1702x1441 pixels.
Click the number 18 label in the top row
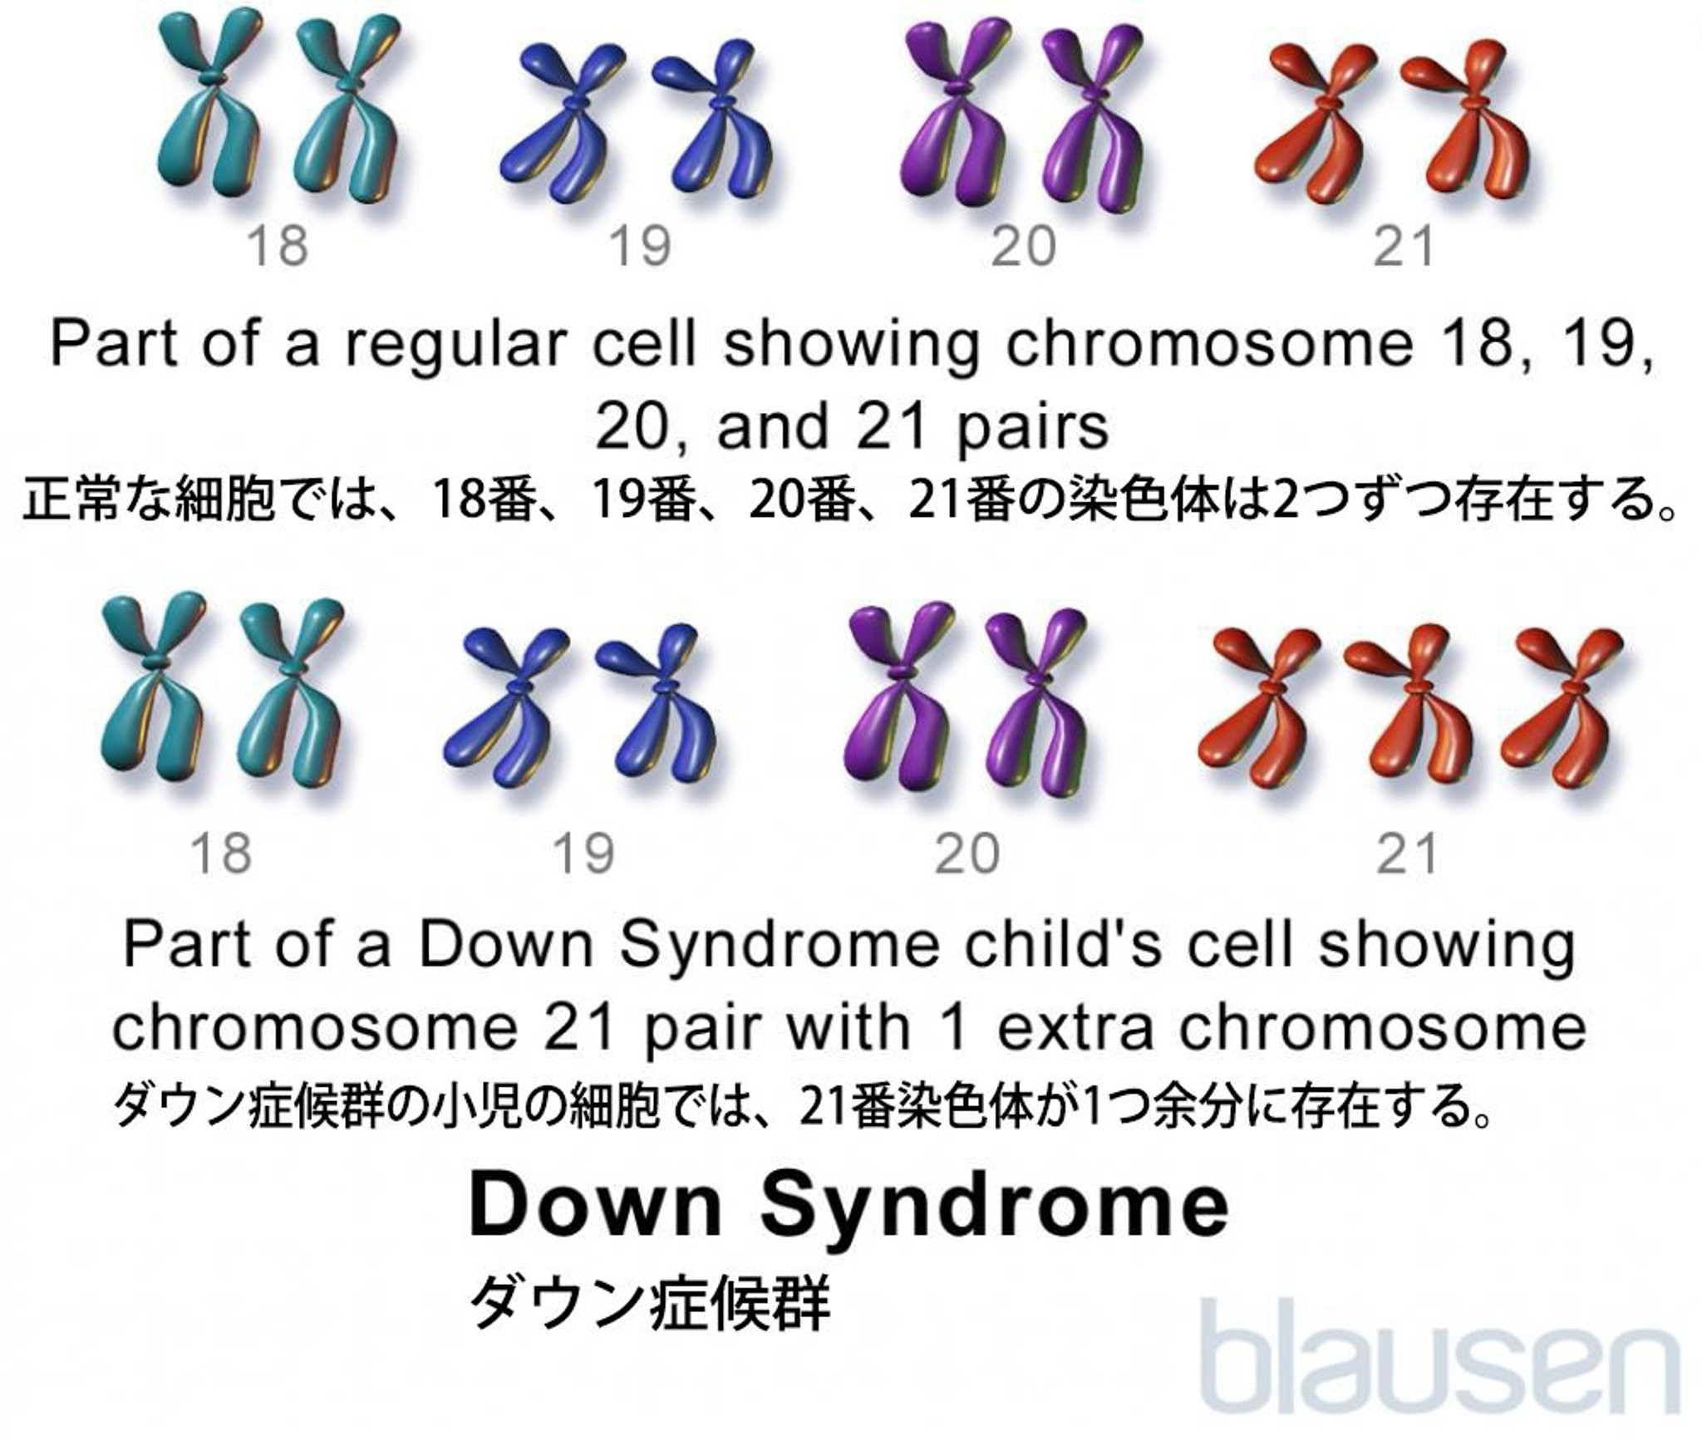tap(278, 246)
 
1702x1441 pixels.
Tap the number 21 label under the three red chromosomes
tap(1405, 854)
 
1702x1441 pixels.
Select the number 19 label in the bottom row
tap(584, 854)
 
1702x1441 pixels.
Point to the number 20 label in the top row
tap(1024, 246)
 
